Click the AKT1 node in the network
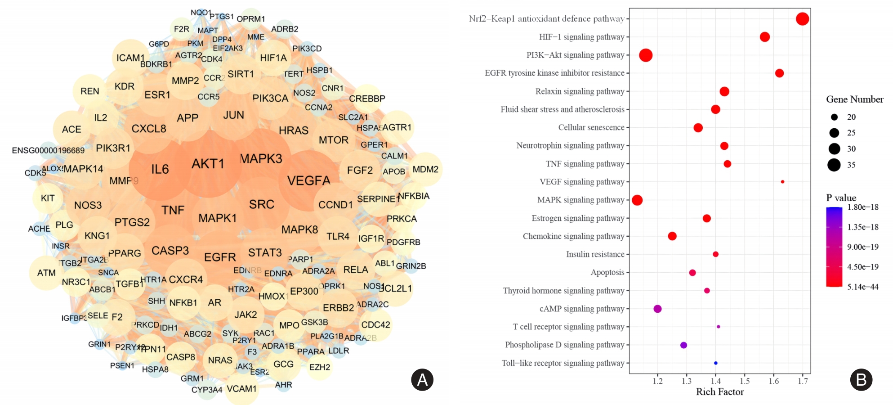pyautogui.click(x=208, y=164)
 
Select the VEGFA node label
pyautogui.click(x=308, y=181)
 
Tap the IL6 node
pyautogui.click(x=160, y=170)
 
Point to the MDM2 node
pyautogui.click(x=425, y=170)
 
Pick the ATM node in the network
pyautogui.click(x=46, y=273)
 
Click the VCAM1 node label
pyautogui.click(x=241, y=389)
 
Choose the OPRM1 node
pyautogui.click(x=251, y=19)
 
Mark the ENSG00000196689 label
pyautogui.click(x=48, y=150)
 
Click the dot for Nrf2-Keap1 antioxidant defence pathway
pyautogui.click(x=802, y=19)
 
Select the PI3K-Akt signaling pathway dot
pyautogui.click(x=646, y=55)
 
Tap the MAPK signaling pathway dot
pyautogui.click(x=637, y=200)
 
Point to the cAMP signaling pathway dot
pyautogui.click(x=657, y=309)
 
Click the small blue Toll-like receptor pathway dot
pyautogui.click(x=715, y=363)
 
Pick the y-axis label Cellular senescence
pyautogui.click(x=591, y=127)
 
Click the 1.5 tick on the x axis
pyautogui.click(x=745, y=381)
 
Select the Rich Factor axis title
pyautogui.click(x=720, y=392)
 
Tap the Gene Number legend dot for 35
pyautogui.click(x=834, y=165)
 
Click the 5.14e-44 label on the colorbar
pyautogui.click(x=862, y=287)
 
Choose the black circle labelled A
pyautogui.click(x=422, y=380)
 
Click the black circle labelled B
pyautogui.click(x=861, y=380)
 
